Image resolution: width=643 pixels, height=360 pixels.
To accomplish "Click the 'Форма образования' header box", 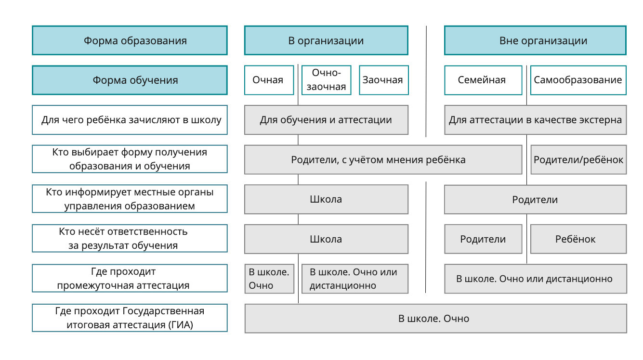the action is coord(130,40).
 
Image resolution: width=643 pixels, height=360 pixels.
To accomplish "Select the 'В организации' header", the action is coord(326,40).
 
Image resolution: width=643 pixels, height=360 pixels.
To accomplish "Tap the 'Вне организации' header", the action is coord(536,40).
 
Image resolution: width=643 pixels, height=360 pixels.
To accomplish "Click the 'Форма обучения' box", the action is coord(130,80).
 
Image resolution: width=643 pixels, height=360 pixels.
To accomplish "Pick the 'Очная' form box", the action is coord(269,80).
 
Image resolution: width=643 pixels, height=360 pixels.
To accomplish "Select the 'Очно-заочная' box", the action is coord(327,80).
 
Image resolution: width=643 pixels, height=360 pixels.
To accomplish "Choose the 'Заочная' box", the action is coord(384,80).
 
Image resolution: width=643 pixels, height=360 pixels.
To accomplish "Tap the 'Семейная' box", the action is coord(483,80).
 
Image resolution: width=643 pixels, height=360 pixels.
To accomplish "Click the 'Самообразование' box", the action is coord(578,80).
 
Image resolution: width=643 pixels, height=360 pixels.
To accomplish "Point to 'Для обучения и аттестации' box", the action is coord(326,120).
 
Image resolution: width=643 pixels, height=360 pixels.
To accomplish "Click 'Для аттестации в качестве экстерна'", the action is coord(536,120).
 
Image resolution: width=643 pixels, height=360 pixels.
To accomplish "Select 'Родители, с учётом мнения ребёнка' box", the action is coord(383,159).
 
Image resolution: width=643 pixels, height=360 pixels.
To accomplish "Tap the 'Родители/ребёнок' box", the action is coord(578,159).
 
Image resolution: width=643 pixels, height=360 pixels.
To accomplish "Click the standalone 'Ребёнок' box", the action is coord(578,239).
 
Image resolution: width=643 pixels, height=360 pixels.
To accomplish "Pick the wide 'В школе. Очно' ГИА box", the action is coord(436,319).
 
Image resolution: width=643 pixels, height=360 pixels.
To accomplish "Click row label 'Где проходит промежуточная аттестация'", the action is coord(130,278).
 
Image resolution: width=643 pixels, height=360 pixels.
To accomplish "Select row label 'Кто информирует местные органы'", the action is coord(130,199).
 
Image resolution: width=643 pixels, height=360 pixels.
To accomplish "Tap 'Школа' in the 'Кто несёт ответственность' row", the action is coord(326,239).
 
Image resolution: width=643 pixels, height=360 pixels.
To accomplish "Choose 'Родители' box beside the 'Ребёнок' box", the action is coord(483,239).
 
